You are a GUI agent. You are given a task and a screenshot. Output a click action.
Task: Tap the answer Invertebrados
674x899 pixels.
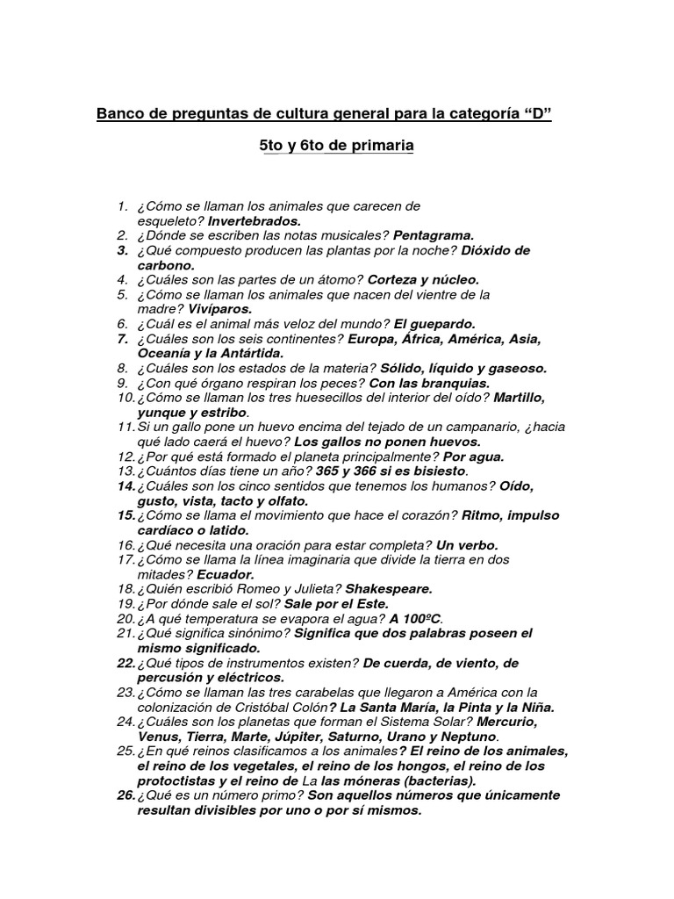pos(255,221)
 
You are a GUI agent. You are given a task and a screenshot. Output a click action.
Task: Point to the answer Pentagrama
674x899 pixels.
pos(434,235)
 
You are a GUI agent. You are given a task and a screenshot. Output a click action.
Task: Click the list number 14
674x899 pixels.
pos(124,485)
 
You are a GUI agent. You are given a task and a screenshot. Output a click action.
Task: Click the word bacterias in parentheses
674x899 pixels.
pos(442,780)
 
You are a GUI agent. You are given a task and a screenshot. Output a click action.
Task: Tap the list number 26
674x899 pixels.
pos(124,795)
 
